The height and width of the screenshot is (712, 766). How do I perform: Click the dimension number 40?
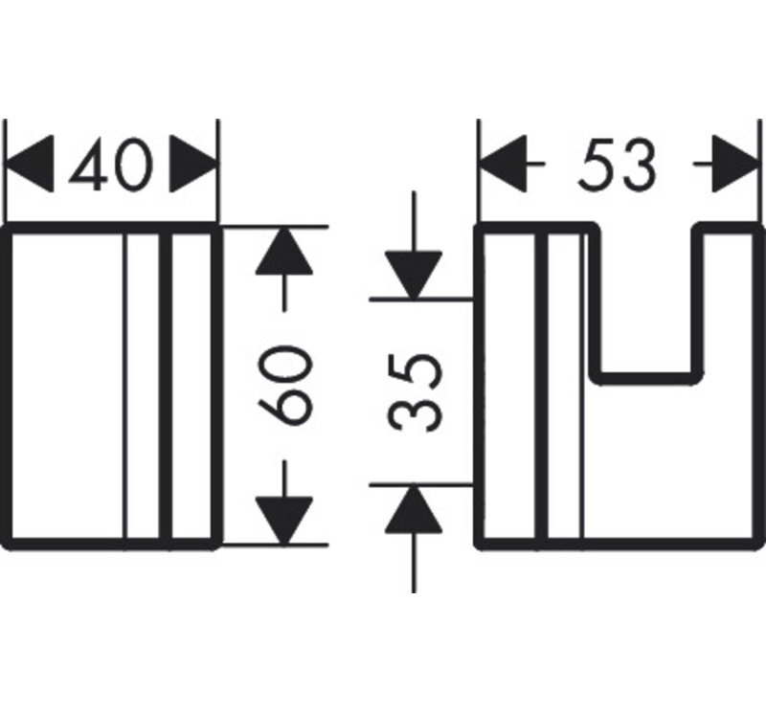[x=111, y=165]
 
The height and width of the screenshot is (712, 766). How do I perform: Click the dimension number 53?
[x=617, y=164]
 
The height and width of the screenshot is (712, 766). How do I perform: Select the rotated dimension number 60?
[x=284, y=385]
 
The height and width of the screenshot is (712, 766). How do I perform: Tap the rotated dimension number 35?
[x=415, y=392]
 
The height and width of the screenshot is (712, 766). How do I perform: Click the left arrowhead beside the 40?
[x=29, y=164]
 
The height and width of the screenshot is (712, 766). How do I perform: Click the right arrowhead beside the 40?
[x=193, y=164]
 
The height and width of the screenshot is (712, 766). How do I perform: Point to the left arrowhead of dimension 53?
[x=504, y=164]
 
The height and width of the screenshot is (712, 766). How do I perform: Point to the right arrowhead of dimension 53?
[x=735, y=164]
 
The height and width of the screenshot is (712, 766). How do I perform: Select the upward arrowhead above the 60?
[x=284, y=252]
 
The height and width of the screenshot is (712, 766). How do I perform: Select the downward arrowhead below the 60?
[x=284, y=520]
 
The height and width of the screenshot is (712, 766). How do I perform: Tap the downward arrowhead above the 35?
[x=414, y=275]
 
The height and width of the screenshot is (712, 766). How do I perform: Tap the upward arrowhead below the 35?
[x=414, y=509]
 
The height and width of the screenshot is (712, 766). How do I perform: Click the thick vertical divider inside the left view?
[x=166, y=386]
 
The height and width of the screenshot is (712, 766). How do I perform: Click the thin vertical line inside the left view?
[x=125, y=386]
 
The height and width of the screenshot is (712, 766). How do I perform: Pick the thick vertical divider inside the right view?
[x=542, y=386]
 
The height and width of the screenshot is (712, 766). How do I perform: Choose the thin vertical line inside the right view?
[x=583, y=386]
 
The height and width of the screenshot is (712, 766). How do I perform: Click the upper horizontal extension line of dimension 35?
[x=421, y=299]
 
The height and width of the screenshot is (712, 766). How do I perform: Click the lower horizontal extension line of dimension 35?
[x=421, y=485]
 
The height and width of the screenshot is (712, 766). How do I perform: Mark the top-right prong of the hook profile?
[x=728, y=228]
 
